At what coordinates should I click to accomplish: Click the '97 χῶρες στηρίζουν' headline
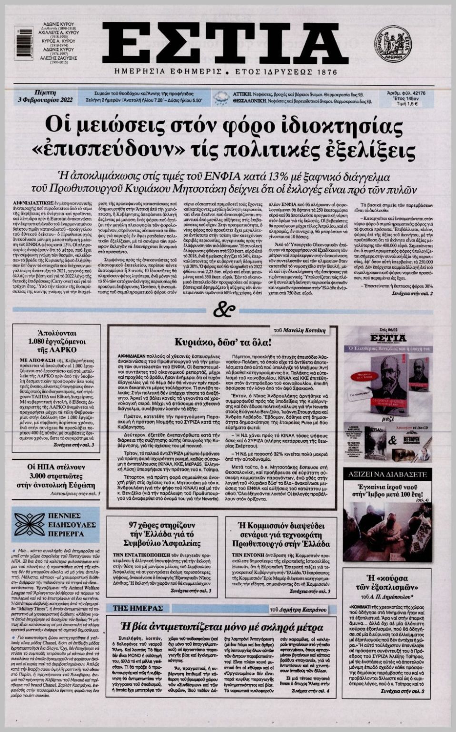pyautogui.click(x=162, y=534)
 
